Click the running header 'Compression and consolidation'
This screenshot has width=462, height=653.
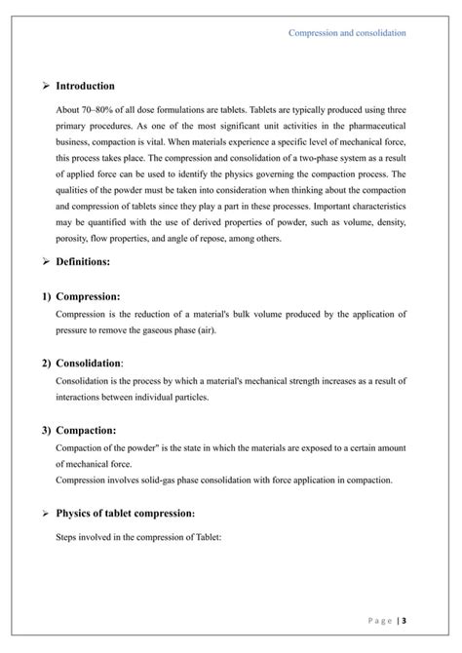[347, 33]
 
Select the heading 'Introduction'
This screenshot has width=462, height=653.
[85, 87]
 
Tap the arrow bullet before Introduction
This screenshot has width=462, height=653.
[45, 87]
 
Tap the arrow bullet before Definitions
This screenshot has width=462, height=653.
[45, 262]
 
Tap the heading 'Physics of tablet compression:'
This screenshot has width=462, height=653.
[126, 513]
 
